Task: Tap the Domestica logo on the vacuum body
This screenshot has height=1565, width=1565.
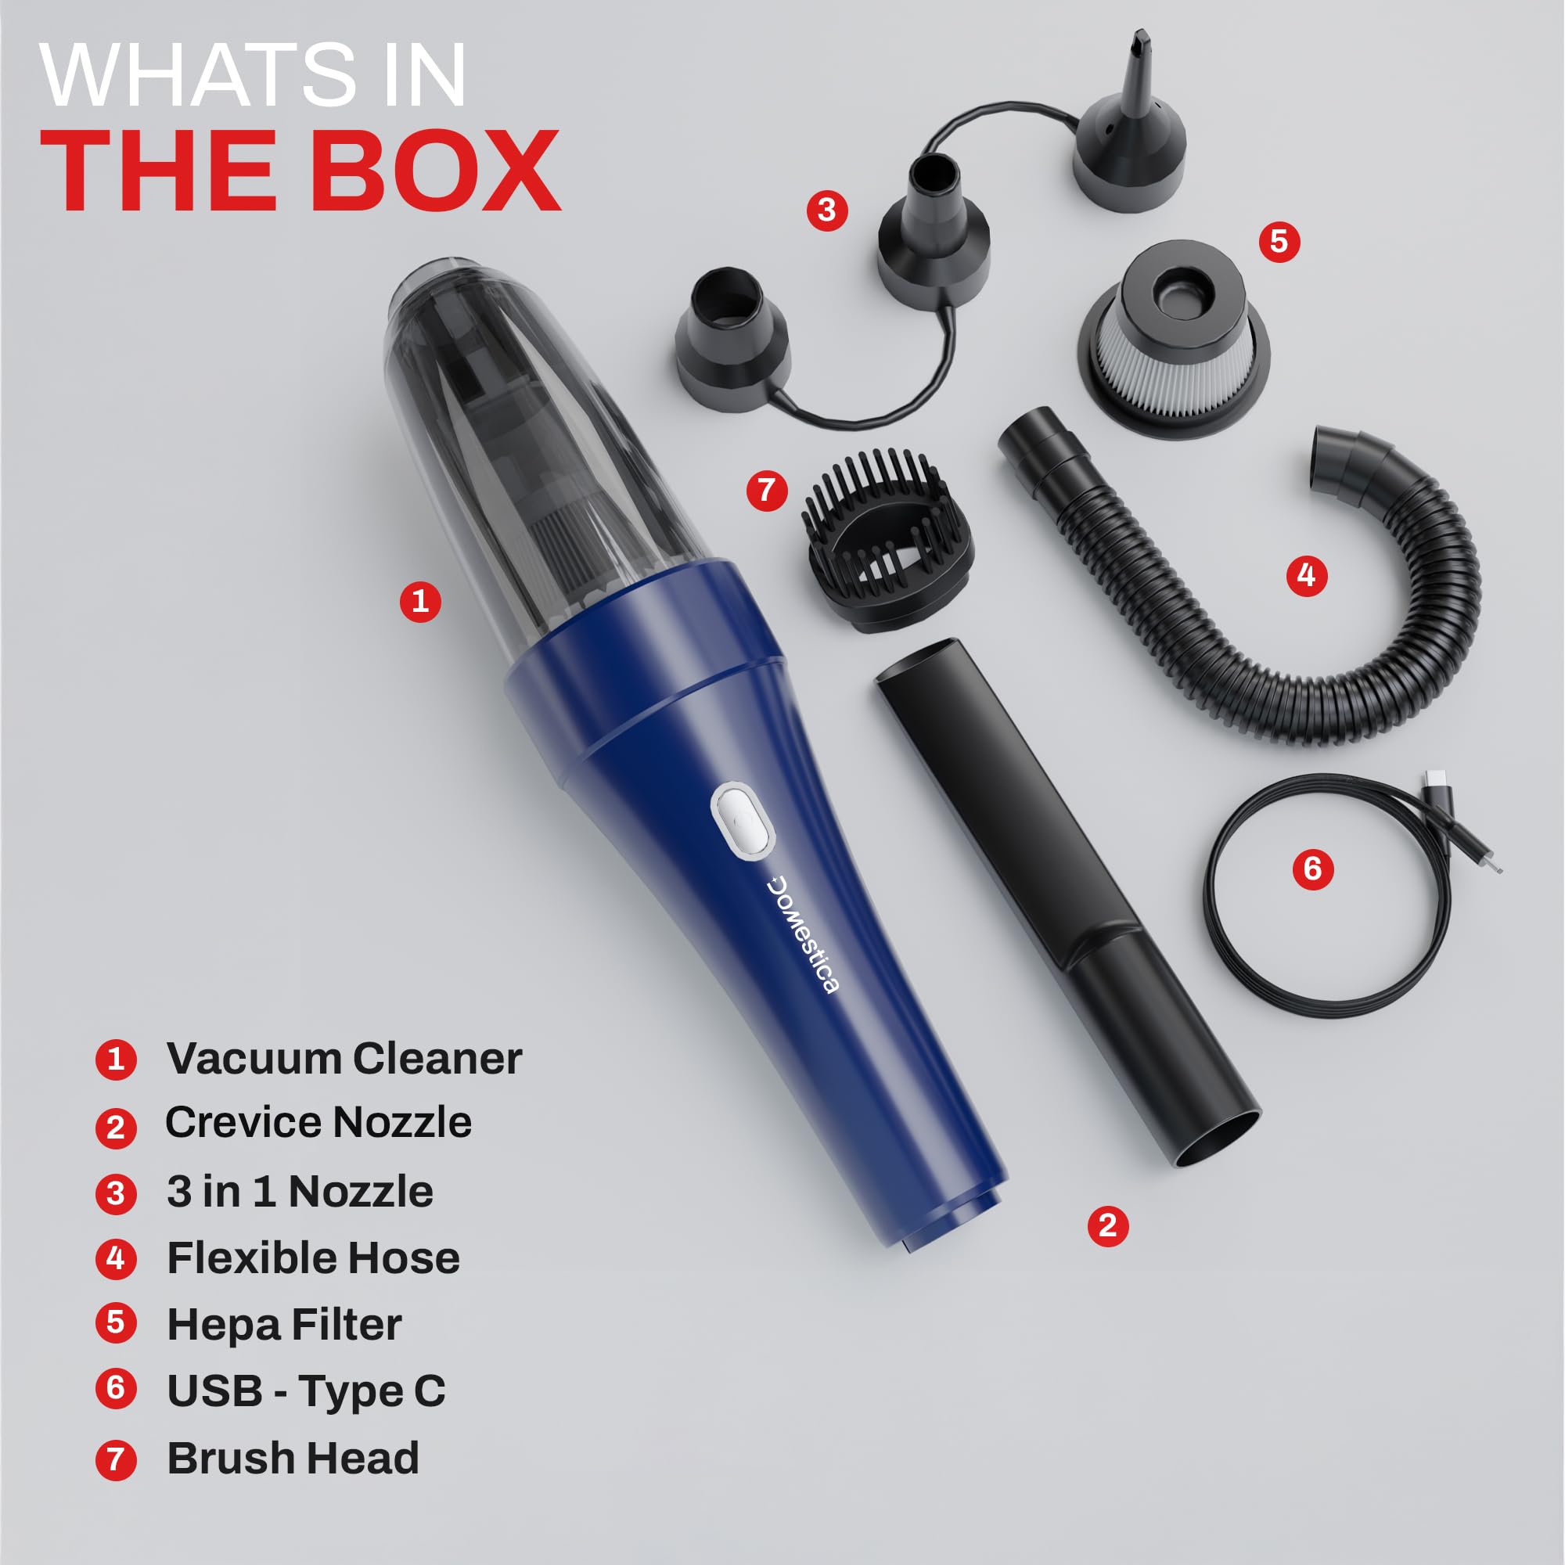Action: pos(803,934)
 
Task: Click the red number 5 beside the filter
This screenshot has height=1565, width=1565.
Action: pos(1279,241)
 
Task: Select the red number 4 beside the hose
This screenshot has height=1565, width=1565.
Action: pos(1307,575)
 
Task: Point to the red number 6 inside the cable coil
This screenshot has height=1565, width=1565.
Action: pos(1313,869)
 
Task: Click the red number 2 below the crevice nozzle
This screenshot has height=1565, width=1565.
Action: pos(1108,1225)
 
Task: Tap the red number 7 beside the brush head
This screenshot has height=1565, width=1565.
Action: pos(766,490)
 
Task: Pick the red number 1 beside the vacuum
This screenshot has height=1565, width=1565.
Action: pos(419,601)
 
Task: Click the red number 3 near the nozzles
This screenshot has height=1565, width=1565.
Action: pos(826,210)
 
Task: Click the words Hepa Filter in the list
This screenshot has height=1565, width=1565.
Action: pos(283,1325)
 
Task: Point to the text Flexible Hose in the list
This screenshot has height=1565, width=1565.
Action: pos(313,1258)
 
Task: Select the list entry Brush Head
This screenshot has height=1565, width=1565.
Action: pos(293,1458)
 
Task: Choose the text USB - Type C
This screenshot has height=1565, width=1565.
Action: pos(305,1391)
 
